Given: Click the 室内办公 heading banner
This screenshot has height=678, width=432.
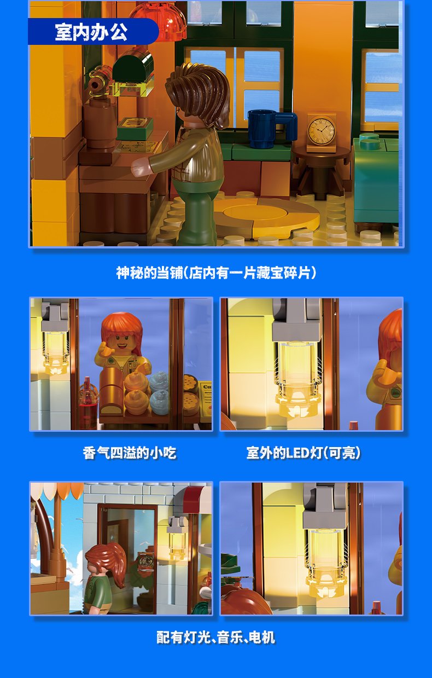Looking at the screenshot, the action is (x=93, y=32).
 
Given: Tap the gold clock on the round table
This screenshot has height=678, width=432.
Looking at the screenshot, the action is (x=322, y=132).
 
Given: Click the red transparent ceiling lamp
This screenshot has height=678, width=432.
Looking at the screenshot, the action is (x=158, y=21).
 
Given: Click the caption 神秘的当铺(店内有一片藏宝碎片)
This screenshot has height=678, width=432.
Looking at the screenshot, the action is (x=216, y=273).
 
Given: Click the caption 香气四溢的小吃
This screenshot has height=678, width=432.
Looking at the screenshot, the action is (x=130, y=453).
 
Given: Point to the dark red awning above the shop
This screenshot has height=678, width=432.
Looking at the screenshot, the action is (x=197, y=499).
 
